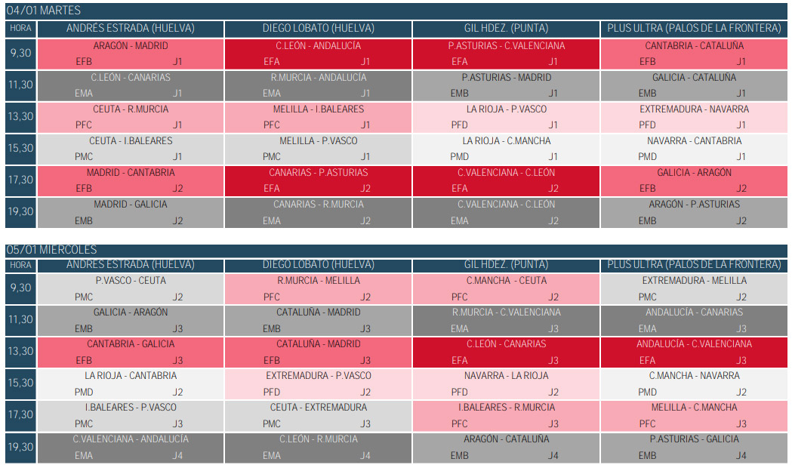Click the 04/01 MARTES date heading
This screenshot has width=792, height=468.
(x=44, y=11)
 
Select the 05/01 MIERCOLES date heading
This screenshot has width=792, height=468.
(x=51, y=250)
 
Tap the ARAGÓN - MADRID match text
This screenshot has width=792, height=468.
(x=131, y=46)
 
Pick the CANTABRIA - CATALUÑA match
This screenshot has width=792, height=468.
(x=694, y=46)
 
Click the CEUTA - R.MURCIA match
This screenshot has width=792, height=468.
(x=131, y=109)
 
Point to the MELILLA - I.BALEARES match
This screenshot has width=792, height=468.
(x=318, y=109)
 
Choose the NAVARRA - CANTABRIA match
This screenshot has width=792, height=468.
(x=694, y=141)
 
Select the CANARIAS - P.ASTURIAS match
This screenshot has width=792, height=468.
(x=318, y=173)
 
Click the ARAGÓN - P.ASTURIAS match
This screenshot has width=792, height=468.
(x=694, y=205)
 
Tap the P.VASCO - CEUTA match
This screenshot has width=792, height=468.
(x=131, y=281)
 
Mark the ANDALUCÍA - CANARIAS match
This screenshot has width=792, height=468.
(x=694, y=313)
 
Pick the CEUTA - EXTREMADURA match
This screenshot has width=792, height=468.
(x=318, y=408)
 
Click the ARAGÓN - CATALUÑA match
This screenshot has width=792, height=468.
(x=506, y=439)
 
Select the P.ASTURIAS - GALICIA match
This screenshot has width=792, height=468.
(x=694, y=439)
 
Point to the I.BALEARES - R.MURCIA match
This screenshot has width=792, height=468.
(x=506, y=408)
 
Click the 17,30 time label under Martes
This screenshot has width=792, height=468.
(x=20, y=180)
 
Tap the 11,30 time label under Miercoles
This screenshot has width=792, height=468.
(x=20, y=320)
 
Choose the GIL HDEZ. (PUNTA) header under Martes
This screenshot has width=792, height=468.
(x=506, y=29)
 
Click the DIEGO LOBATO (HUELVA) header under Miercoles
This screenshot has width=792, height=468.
(x=318, y=264)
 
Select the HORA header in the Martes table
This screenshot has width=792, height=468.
(x=20, y=28)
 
